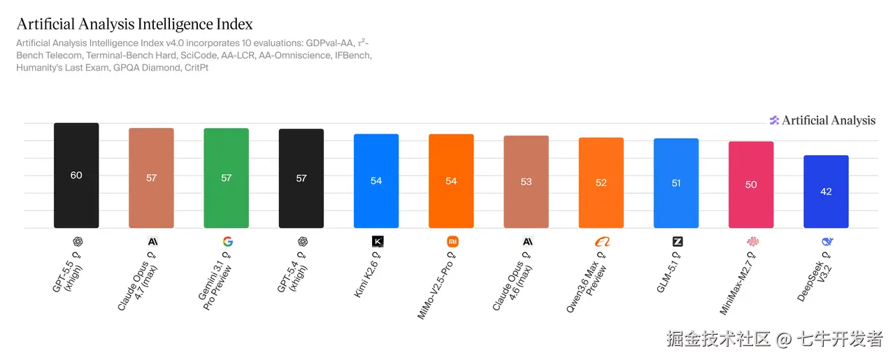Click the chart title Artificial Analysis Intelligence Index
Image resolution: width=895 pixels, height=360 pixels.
click(134, 24)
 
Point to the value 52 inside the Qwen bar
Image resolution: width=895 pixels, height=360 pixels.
click(601, 182)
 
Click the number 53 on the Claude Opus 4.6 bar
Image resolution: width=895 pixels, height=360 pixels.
click(526, 182)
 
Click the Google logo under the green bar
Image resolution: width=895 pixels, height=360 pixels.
click(227, 242)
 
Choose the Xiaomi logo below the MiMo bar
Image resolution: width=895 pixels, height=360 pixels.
click(452, 242)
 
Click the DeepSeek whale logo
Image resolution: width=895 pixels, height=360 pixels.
click(827, 242)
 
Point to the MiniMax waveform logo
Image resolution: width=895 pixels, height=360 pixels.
click(752, 242)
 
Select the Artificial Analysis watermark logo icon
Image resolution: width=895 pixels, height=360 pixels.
click(774, 120)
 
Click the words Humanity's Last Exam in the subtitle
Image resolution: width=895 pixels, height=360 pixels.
click(62, 68)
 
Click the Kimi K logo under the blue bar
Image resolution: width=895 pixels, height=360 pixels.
click(378, 242)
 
